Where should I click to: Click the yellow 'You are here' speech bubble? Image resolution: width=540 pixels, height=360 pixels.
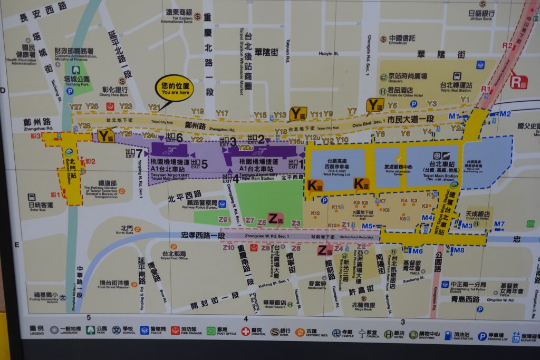(174, 88)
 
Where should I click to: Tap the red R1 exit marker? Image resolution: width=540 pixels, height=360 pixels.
(485, 89)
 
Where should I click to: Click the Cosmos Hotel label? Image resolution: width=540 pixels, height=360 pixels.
(478, 216)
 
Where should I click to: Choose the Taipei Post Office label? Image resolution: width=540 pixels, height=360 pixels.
(174, 255)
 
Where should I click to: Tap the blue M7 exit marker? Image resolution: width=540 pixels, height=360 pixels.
(499, 224)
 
